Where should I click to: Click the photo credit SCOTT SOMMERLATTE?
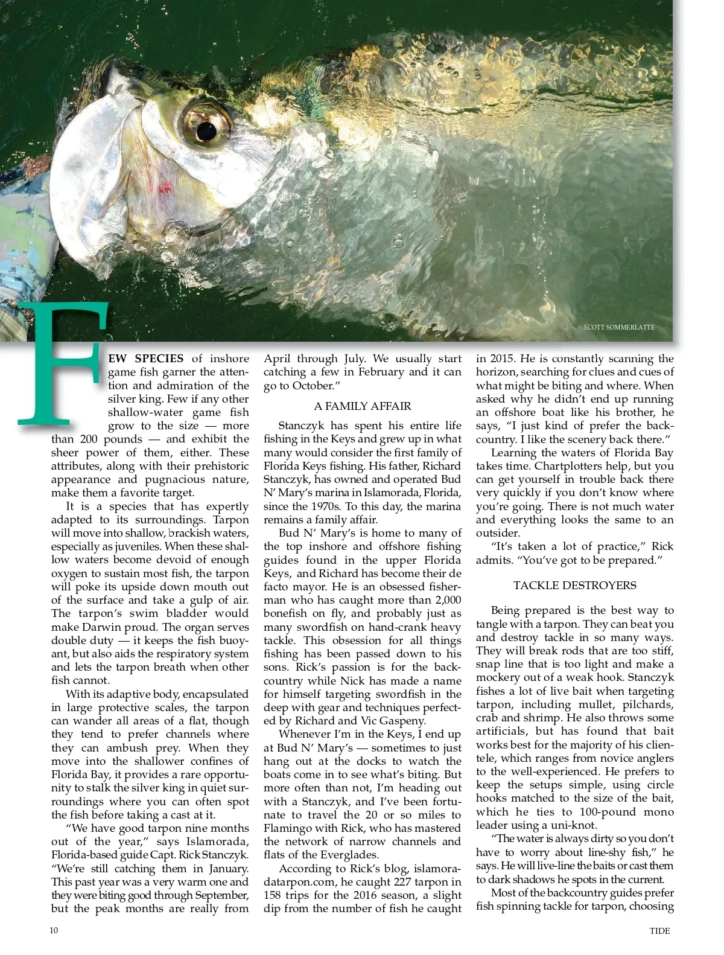[x=618, y=328]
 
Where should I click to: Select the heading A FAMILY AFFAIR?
[x=363, y=406]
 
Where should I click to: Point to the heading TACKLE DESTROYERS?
[x=574, y=585]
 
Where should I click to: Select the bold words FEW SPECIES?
[x=145, y=359]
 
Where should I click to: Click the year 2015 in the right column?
[x=507, y=359]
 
